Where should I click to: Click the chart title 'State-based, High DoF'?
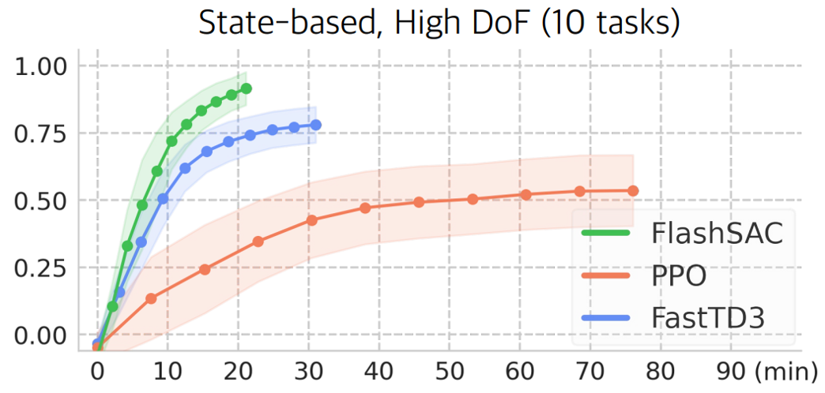(x=439, y=23)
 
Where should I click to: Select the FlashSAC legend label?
(x=717, y=234)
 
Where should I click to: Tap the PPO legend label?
(x=679, y=276)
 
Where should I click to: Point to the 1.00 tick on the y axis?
(x=42, y=65)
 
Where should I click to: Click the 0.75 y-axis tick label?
(x=42, y=133)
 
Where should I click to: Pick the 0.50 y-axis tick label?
(x=42, y=200)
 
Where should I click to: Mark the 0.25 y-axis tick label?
(x=42, y=268)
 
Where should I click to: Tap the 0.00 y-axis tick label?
(x=42, y=335)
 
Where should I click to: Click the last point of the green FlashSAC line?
(x=246, y=88)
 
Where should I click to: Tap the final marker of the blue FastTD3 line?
(x=316, y=125)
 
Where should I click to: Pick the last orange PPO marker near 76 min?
(x=633, y=191)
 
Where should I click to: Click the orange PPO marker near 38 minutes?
(x=365, y=208)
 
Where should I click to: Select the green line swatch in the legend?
(x=606, y=234)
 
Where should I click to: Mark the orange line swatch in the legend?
(x=606, y=276)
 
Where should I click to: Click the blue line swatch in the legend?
(x=606, y=319)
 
